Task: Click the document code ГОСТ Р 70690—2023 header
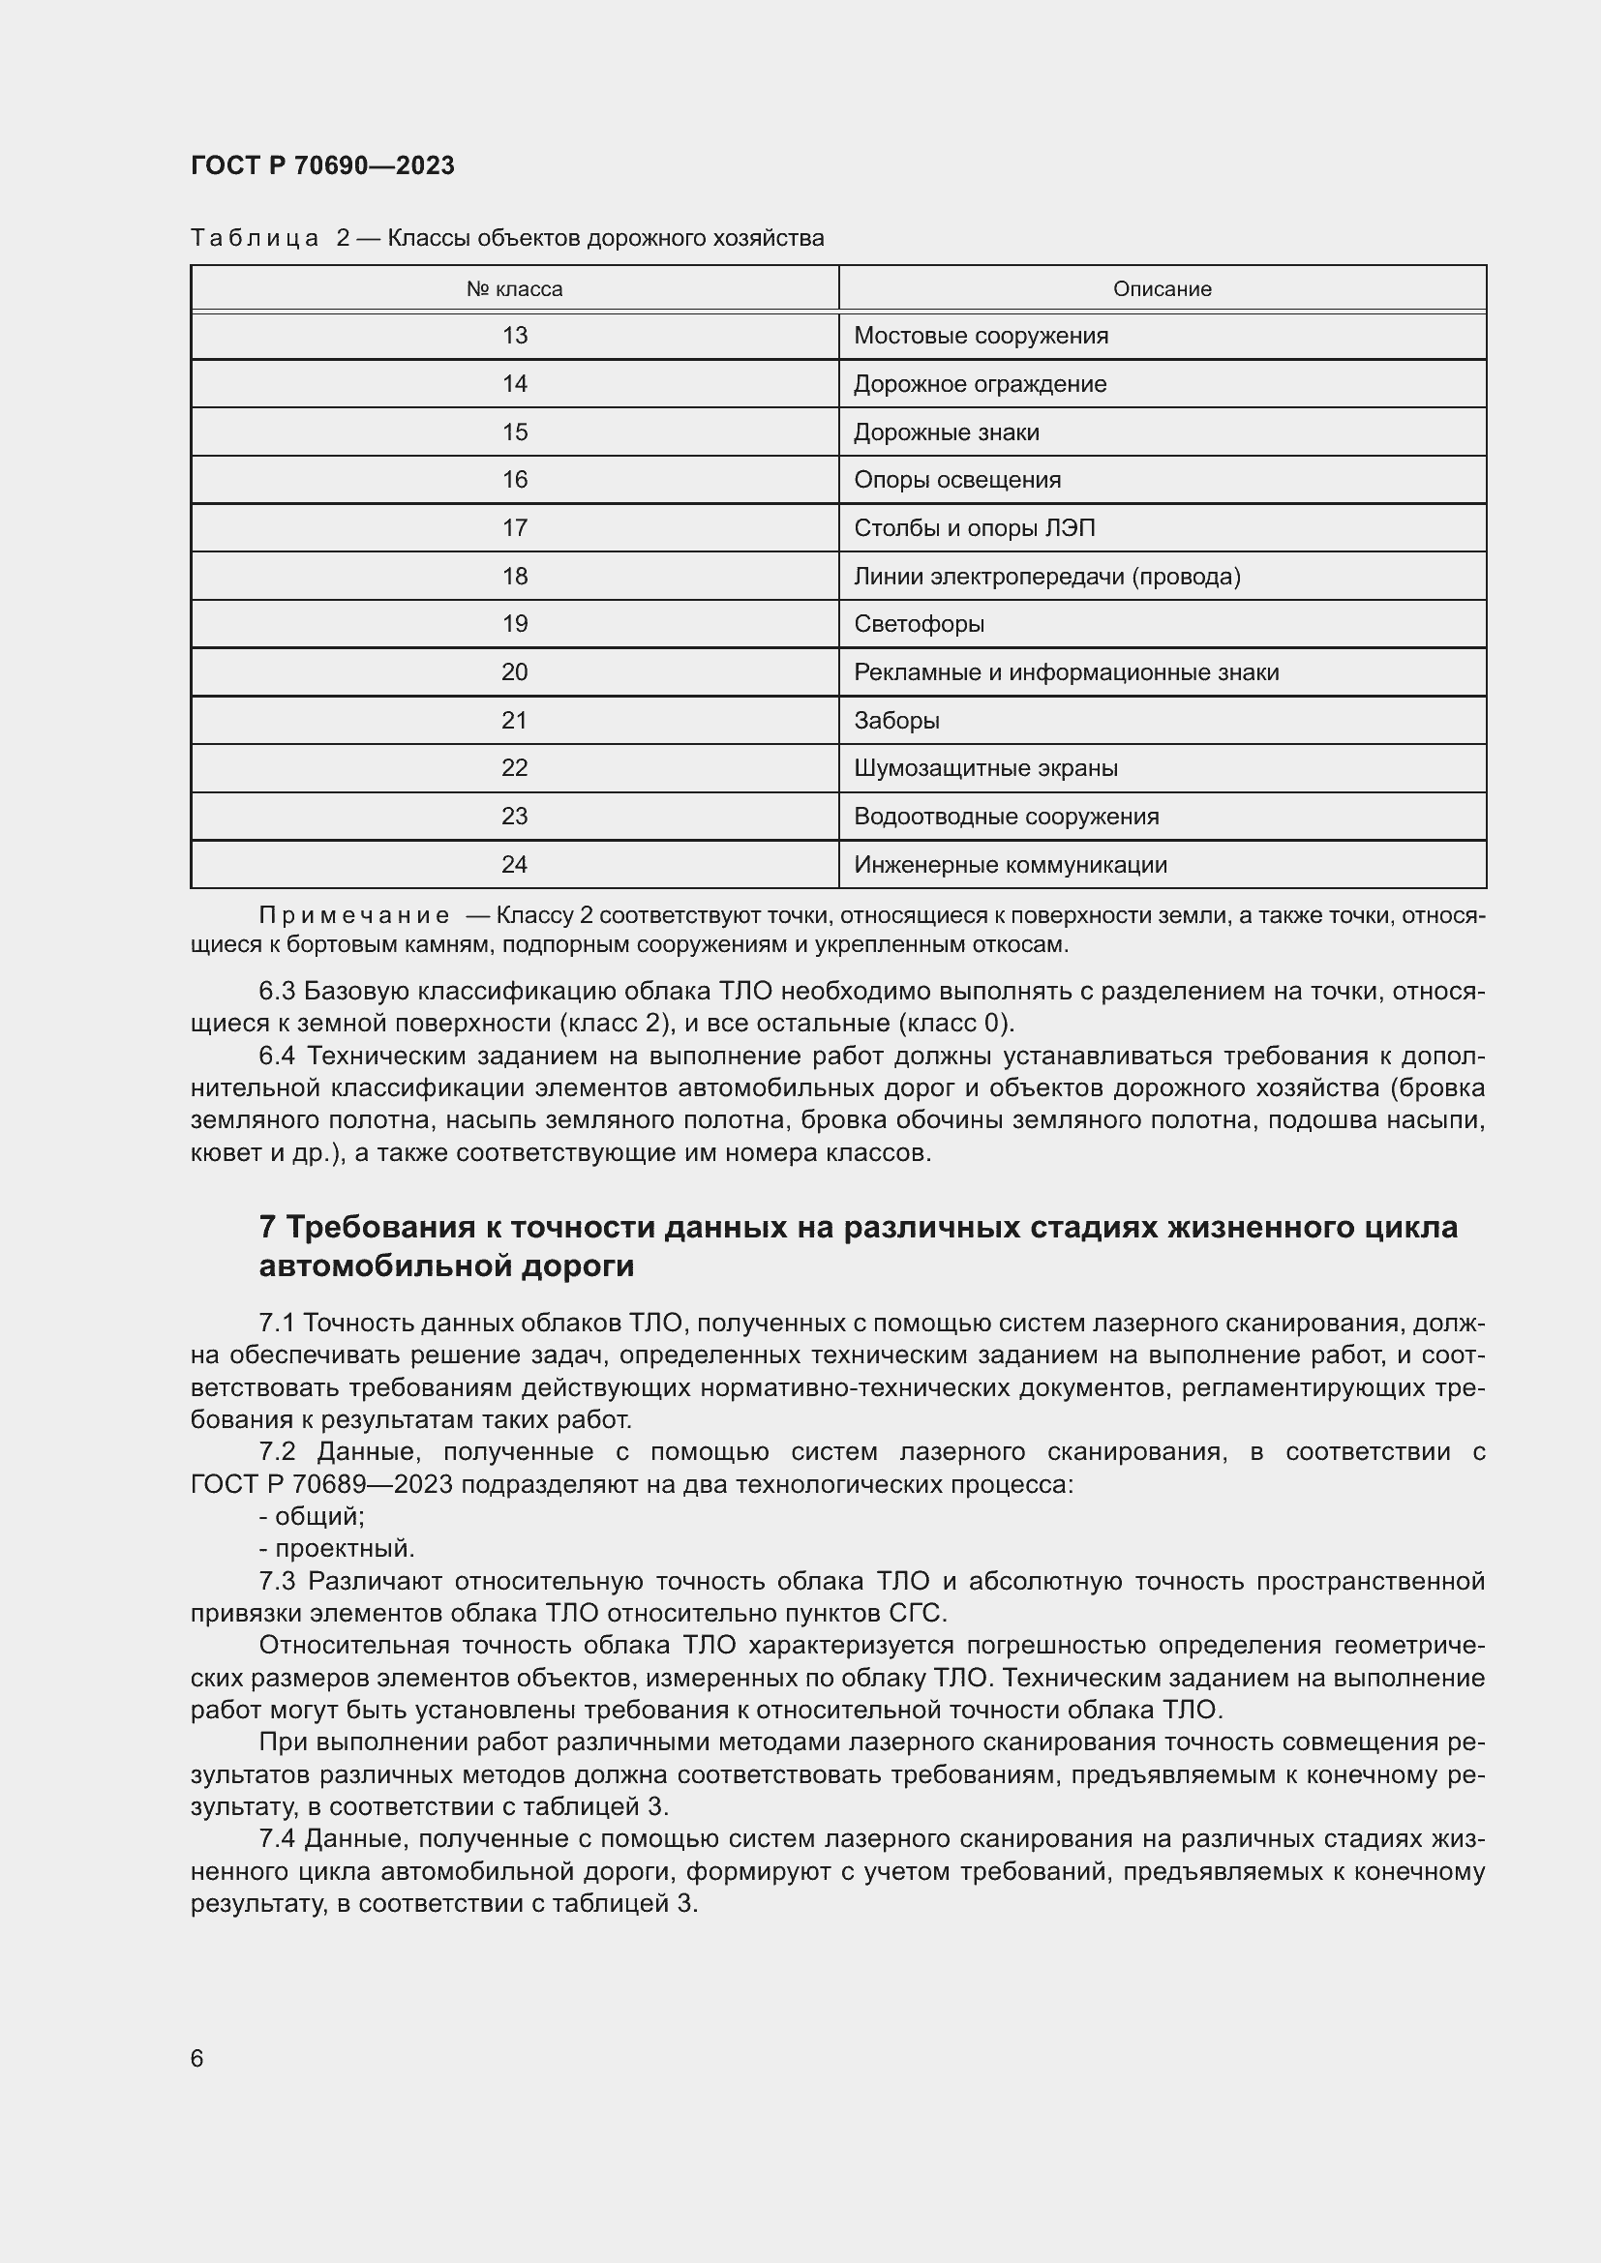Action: (x=322, y=165)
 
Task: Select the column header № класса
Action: (x=514, y=288)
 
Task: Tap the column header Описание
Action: (x=1162, y=288)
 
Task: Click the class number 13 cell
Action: (x=514, y=336)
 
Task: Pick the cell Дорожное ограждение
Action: (x=979, y=384)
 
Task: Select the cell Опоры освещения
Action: (x=956, y=480)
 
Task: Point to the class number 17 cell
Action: (x=514, y=528)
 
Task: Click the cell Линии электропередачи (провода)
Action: (x=1046, y=577)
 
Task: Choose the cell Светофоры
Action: (x=918, y=624)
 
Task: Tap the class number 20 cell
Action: (x=514, y=672)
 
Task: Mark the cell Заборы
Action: (x=896, y=721)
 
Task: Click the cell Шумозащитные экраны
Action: (x=984, y=768)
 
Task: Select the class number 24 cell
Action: (x=514, y=864)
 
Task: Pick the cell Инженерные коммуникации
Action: (x=1010, y=864)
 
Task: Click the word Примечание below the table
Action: (x=354, y=914)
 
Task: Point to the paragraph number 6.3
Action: (x=277, y=991)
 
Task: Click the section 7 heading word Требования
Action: (x=379, y=1227)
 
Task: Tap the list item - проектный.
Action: (x=337, y=1547)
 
